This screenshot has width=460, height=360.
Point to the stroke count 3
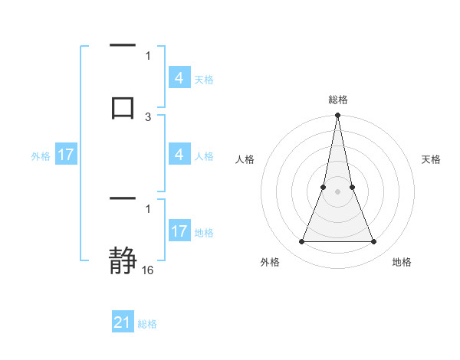point(148,116)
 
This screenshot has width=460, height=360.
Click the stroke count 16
point(148,270)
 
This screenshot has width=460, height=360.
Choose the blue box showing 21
point(123,322)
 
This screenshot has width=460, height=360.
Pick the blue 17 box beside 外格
point(66,155)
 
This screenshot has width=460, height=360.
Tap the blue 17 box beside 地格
point(179,231)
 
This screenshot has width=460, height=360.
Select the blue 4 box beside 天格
point(179,77)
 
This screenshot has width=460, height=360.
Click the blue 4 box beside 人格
point(179,155)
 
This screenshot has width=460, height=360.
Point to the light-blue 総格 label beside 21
point(147,324)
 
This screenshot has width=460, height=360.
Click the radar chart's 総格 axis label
point(337,100)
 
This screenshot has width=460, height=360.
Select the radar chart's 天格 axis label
point(431,159)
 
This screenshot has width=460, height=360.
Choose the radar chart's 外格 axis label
point(270,262)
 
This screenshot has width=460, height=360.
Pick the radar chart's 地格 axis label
point(402,262)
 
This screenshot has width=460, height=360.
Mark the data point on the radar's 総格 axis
point(337,116)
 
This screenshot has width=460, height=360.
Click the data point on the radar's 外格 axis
point(301,242)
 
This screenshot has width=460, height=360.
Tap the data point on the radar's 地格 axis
point(374,242)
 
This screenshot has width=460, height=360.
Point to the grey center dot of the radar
point(337,191)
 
